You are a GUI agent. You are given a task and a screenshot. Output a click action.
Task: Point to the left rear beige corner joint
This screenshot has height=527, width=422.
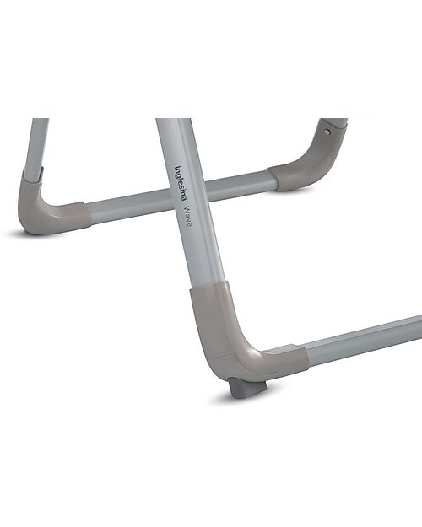click(46, 207)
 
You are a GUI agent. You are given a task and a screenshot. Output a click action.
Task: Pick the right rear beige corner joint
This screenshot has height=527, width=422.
click(312, 160)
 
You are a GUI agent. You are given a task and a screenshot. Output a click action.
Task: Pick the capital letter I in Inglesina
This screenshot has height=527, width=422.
click(176, 167)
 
